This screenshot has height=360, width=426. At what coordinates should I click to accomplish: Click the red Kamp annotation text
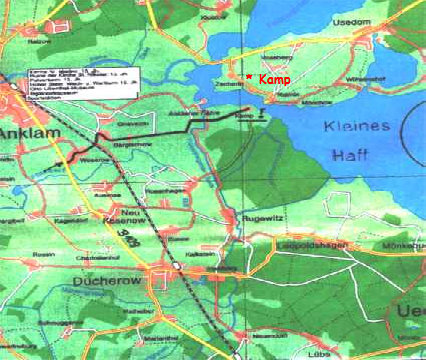pos(273,78)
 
